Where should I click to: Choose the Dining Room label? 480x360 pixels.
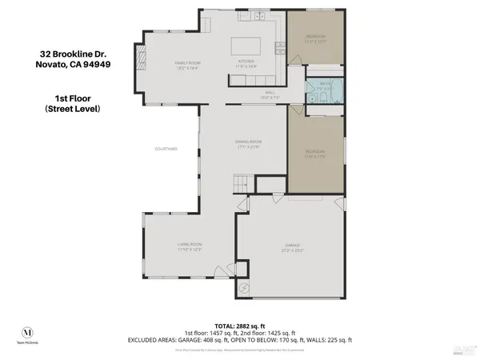tap(250, 143)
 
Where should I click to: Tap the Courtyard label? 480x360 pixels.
tap(166, 149)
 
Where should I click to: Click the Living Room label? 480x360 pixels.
tap(190, 245)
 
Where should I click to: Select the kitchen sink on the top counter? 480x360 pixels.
tap(260, 17)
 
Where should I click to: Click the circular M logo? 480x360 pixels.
tap(29, 332)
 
